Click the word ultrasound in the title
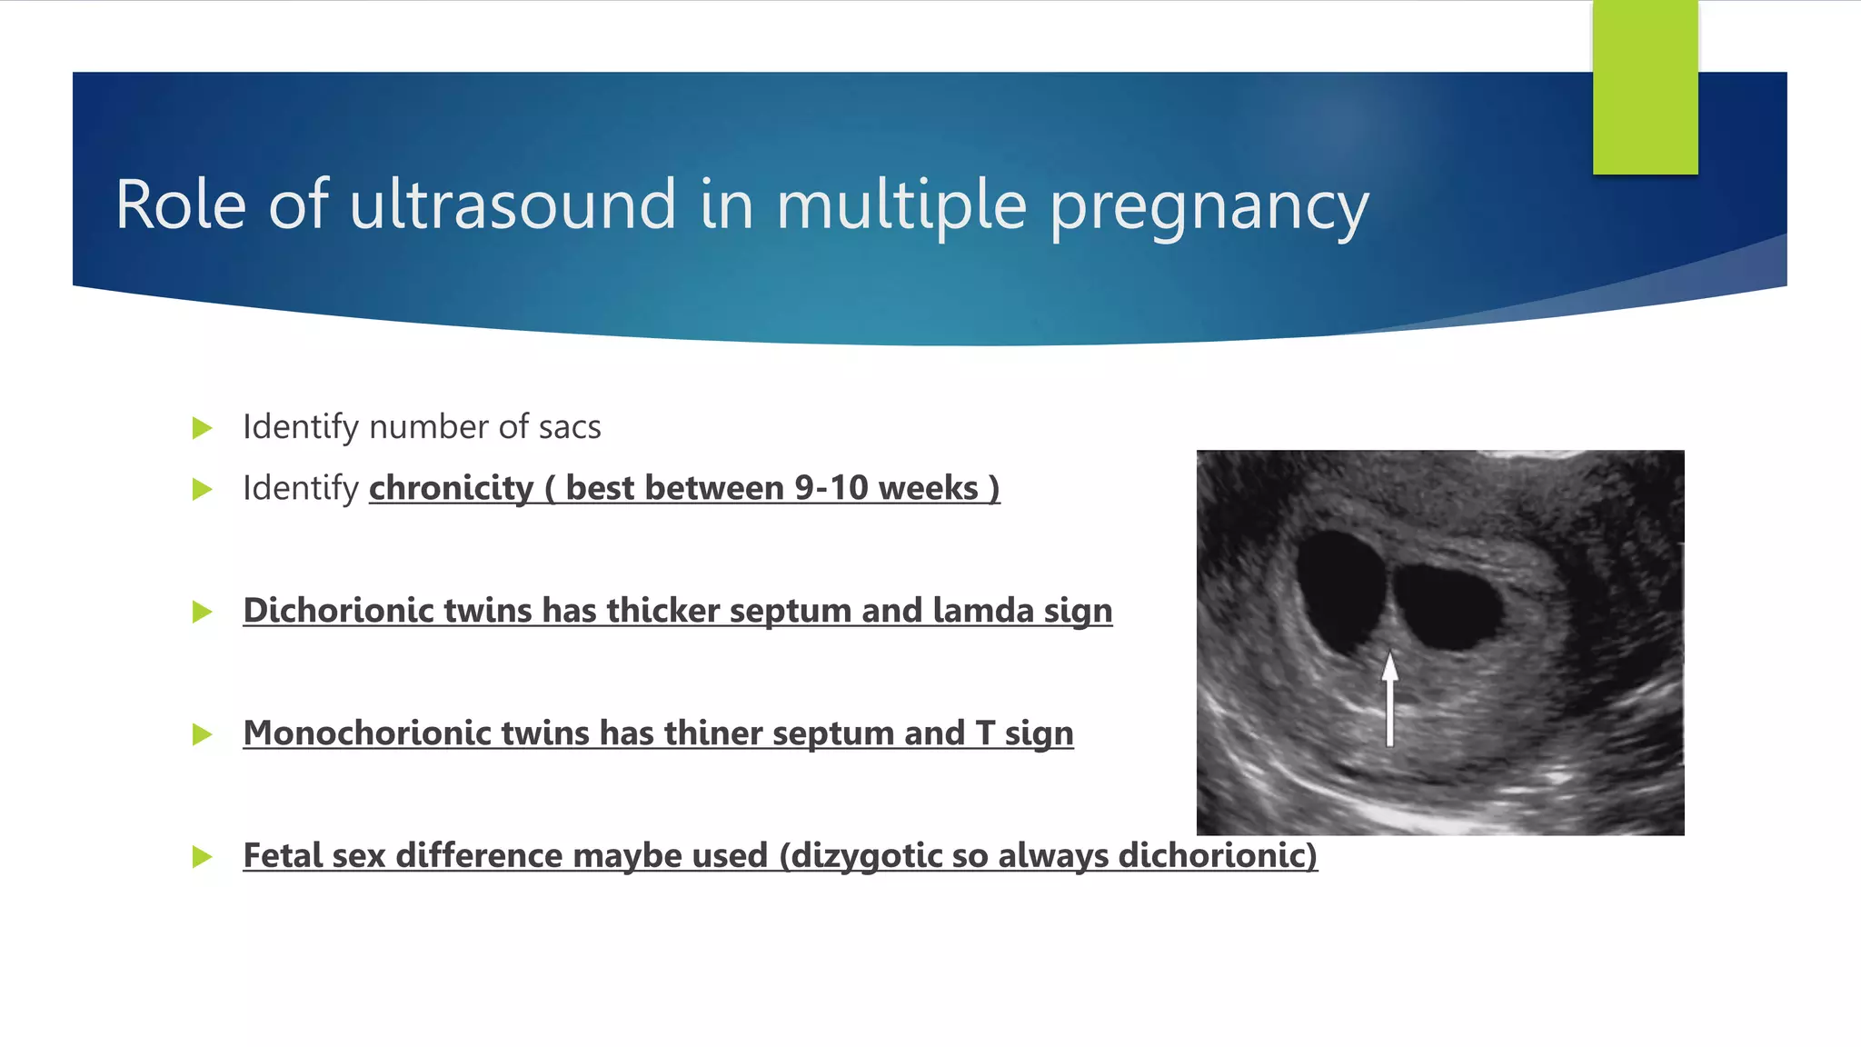513,205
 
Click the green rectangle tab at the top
1645,88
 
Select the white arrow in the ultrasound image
1389,700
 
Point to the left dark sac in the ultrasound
1339,586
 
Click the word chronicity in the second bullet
451,488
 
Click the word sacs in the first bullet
569,427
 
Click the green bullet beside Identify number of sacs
202,428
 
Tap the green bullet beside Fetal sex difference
202,856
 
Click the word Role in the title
181,205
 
